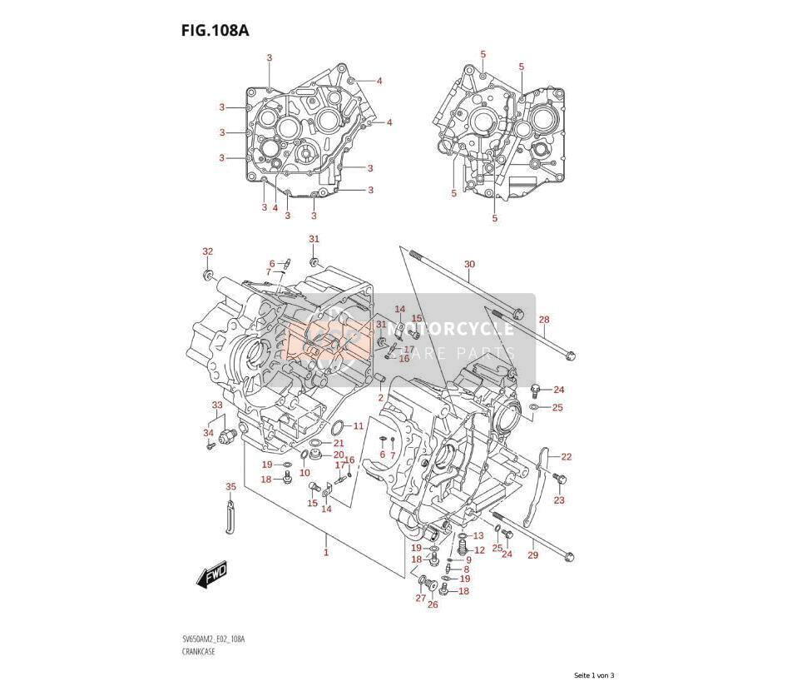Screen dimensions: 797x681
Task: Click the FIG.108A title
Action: pyautogui.click(x=215, y=31)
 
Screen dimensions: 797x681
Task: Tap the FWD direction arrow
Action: pyautogui.click(x=210, y=574)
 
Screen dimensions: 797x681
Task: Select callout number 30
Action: pyautogui.click(x=469, y=265)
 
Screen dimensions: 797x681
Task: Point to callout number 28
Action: pyautogui.click(x=544, y=320)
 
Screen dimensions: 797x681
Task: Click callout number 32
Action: pyautogui.click(x=207, y=251)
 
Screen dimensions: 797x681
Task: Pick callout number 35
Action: pyautogui.click(x=230, y=487)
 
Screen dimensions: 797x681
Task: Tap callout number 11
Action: pyautogui.click(x=359, y=425)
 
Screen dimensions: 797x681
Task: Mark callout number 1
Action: pyautogui.click(x=326, y=552)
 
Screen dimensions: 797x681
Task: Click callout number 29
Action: pyautogui.click(x=532, y=555)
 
